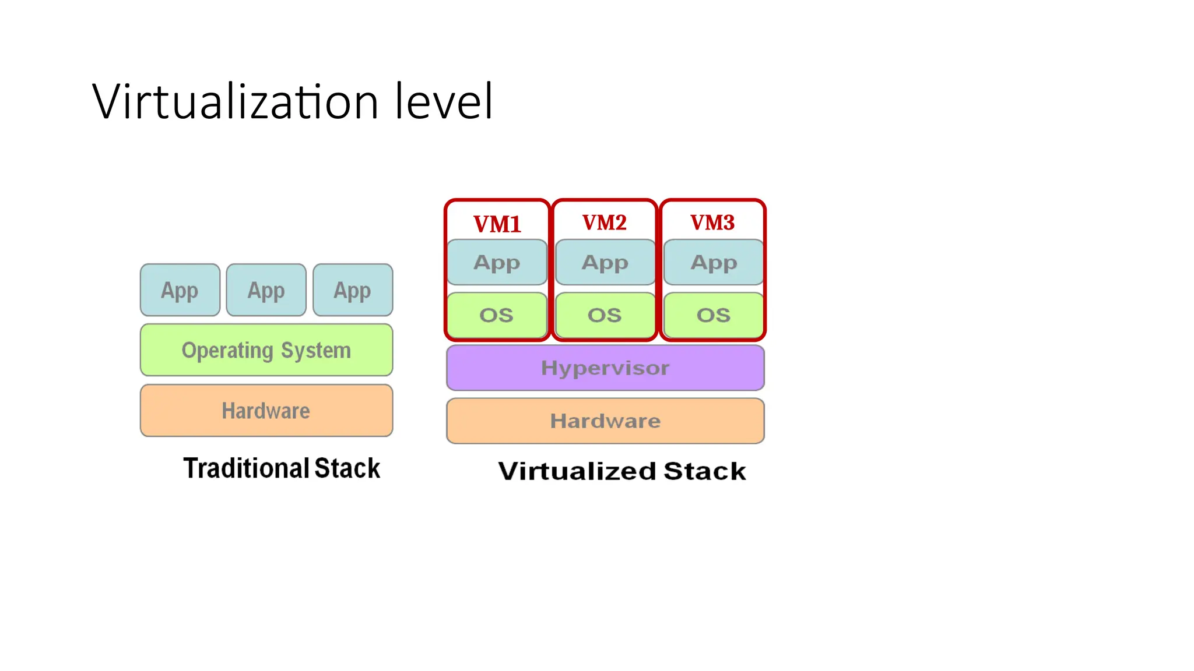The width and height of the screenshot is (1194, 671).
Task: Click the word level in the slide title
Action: tap(444, 102)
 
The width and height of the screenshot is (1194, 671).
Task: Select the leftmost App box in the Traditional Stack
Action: tap(180, 290)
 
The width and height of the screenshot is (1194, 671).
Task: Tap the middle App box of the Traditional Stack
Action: tap(266, 290)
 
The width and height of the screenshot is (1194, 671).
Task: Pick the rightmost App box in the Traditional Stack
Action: tap(353, 290)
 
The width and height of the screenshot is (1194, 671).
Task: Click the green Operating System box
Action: tap(266, 350)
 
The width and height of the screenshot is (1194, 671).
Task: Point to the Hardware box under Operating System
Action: tap(266, 411)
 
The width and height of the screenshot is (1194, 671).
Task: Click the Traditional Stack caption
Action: tap(282, 468)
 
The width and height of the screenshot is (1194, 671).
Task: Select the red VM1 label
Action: tap(497, 224)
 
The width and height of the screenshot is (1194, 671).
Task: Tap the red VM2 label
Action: tap(605, 223)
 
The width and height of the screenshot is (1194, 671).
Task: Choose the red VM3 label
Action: tap(712, 223)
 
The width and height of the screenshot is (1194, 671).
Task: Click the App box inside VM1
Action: tap(497, 263)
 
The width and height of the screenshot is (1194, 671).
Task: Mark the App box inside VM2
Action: tap(605, 263)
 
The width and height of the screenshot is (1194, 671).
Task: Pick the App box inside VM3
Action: tap(714, 263)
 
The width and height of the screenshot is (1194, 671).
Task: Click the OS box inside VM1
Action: tap(497, 315)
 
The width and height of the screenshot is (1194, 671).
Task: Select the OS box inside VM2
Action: tap(605, 315)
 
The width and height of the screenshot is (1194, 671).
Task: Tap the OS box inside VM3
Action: tap(714, 315)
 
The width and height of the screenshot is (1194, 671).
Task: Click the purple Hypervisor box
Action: tap(605, 368)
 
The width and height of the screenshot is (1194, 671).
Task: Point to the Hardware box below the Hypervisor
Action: tap(605, 421)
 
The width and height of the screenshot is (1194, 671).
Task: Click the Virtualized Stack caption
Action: tap(622, 471)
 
